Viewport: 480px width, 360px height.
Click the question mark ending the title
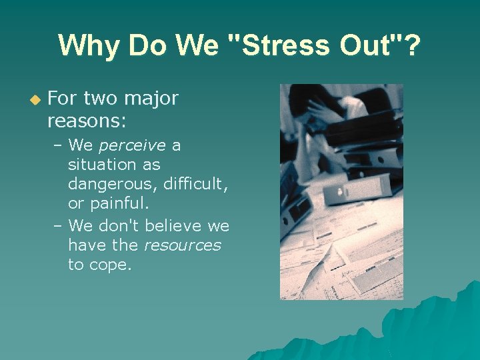point(413,46)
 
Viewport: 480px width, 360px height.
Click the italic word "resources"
point(181,245)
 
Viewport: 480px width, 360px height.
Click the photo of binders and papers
point(341,192)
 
